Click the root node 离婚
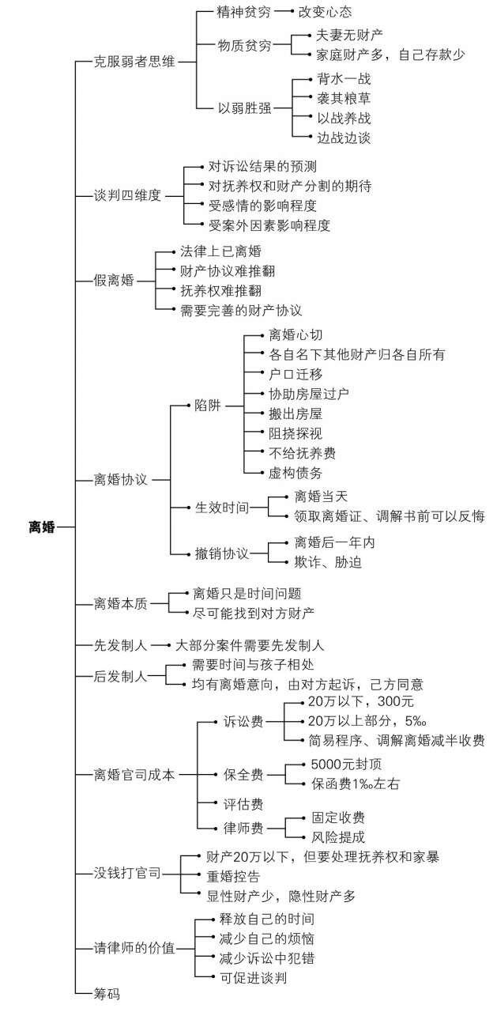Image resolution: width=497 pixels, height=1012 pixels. (42, 527)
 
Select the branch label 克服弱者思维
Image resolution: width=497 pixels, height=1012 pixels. (134, 62)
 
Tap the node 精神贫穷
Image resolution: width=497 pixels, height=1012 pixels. (244, 12)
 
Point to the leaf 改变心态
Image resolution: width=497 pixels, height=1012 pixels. (325, 12)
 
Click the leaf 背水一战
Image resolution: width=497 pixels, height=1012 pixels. (344, 78)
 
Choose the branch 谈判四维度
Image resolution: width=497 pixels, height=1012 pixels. (127, 195)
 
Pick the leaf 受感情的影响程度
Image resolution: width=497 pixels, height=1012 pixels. (262, 206)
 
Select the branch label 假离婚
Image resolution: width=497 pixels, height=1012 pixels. (114, 281)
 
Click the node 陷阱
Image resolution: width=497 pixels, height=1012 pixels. (208, 406)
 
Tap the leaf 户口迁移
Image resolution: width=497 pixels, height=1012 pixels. (296, 374)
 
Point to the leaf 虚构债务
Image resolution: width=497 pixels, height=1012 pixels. (296, 473)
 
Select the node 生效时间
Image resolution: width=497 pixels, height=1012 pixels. (222, 508)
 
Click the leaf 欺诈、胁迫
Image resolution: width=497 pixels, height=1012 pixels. (328, 562)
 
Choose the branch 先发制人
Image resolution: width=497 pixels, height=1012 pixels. (121, 645)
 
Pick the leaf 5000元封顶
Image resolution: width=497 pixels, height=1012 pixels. (346, 764)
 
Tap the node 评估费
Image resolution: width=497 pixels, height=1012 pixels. (243, 804)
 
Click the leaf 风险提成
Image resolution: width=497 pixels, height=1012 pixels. (338, 836)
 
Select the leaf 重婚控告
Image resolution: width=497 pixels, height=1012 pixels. (233, 877)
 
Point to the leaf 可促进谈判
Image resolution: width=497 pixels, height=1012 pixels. (253, 978)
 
